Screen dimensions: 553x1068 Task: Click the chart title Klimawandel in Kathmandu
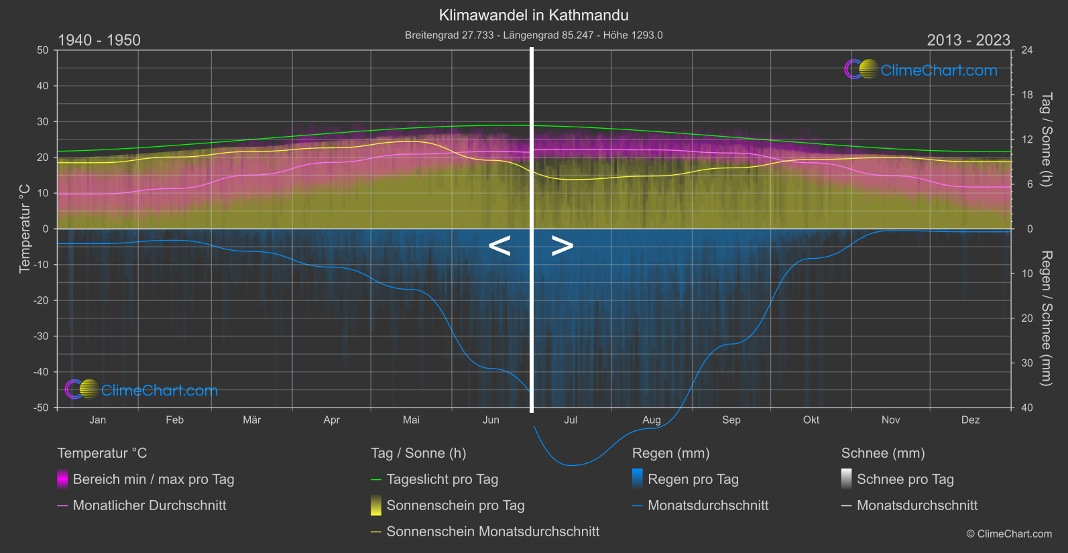pos(534,15)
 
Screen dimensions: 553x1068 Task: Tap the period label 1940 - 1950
pos(99,40)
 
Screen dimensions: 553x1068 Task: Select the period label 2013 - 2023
pos(968,40)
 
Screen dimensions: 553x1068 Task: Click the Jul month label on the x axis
pos(571,420)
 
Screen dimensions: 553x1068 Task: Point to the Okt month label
pos(811,420)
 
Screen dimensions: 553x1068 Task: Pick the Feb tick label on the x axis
pos(174,420)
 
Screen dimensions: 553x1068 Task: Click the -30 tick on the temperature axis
pos(42,336)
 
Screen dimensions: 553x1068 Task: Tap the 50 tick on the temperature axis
pos(43,50)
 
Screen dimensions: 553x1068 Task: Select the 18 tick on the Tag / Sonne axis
pos(1027,95)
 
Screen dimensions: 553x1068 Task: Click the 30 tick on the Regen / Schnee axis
pos(1027,363)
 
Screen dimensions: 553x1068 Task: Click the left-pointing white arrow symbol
pos(499,246)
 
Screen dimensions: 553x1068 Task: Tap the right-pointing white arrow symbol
pos(562,246)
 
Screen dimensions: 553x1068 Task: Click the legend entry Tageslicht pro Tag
pos(442,479)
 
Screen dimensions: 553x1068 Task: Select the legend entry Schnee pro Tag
pos(904,479)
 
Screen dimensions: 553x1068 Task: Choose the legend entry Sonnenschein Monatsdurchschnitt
pos(493,532)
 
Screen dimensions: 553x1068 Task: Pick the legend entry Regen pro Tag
pos(693,479)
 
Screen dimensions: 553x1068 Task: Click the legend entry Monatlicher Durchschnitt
pos(149,505)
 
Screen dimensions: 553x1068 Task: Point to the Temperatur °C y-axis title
pos(25,229)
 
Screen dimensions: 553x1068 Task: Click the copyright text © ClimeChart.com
pos(1009,534)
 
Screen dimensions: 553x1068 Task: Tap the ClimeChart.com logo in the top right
pos(921,70)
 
